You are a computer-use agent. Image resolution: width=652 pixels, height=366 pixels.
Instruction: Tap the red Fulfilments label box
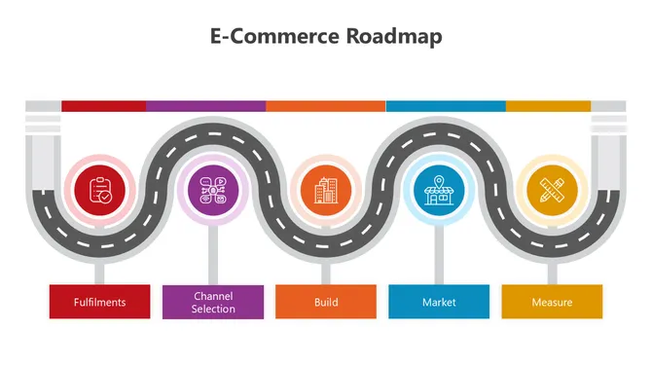pyautogui.click(x=99, y=302)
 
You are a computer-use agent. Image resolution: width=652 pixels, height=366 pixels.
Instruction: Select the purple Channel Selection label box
pyautogui.click(x=213, y=302)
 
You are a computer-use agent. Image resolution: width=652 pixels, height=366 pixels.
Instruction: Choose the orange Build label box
pyautogui.click(x=326, y=302)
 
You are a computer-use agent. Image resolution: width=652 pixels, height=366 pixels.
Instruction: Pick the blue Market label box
pyautogui.click(x=439, y=302)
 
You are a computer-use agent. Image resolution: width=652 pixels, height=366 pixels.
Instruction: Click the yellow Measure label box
pyautogui.click(x=552, y=302)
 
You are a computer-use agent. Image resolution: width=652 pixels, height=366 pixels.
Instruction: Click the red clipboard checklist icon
pyautogui.click(x=100, y=189)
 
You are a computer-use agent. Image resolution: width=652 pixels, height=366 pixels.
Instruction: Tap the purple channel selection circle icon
pyautogui.click(x=213, y=189)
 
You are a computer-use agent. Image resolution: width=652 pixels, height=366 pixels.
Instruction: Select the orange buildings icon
pyautogui.click(x=326, y=189)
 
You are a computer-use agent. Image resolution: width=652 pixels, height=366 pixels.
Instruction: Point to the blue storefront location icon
pyautogui.click(x=439, y=189)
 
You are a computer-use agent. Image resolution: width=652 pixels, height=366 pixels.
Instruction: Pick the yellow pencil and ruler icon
pyautogui.click(x=552, y=189)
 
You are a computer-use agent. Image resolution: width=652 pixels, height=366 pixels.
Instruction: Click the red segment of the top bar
pyautogui.click(x=103, y=105)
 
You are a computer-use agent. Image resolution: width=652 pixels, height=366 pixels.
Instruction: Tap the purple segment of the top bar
pyautogui.click(x=205, y=105)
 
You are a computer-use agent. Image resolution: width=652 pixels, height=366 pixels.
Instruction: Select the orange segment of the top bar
pyautogui.click(x=325, y=105)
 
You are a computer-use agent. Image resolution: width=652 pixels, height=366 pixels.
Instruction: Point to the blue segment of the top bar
pyautogui.click(x=446, y=105)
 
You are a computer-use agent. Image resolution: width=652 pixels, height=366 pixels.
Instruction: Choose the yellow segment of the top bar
pyautogui.click(x=548, y=105)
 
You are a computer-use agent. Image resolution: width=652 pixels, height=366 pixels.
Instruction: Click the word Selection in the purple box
pyautogui.click(x=213, y=310)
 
